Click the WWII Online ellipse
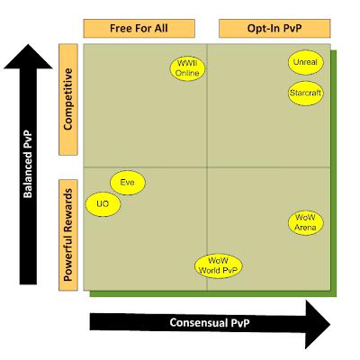(x=187, y=68)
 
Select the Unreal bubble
(x=306, y=62)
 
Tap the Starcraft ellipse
(x=306, y=94)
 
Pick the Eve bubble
(x=128, y=183)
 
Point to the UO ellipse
(x=103, y=204)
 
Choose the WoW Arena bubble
(x=306, y=223)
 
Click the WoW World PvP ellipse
(x=218, y=266)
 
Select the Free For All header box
(x=139, y=29)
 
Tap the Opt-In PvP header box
(x=274, y=29)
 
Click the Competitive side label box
(x=68, y=100)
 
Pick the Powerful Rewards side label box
(x=68, y=235)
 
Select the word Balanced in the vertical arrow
(x=28, y=173)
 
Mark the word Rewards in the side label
(x=68, y=211)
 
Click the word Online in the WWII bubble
(x=187, y=73)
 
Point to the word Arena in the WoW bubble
(x=305, y=228)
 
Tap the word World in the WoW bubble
(x=207, y=270)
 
